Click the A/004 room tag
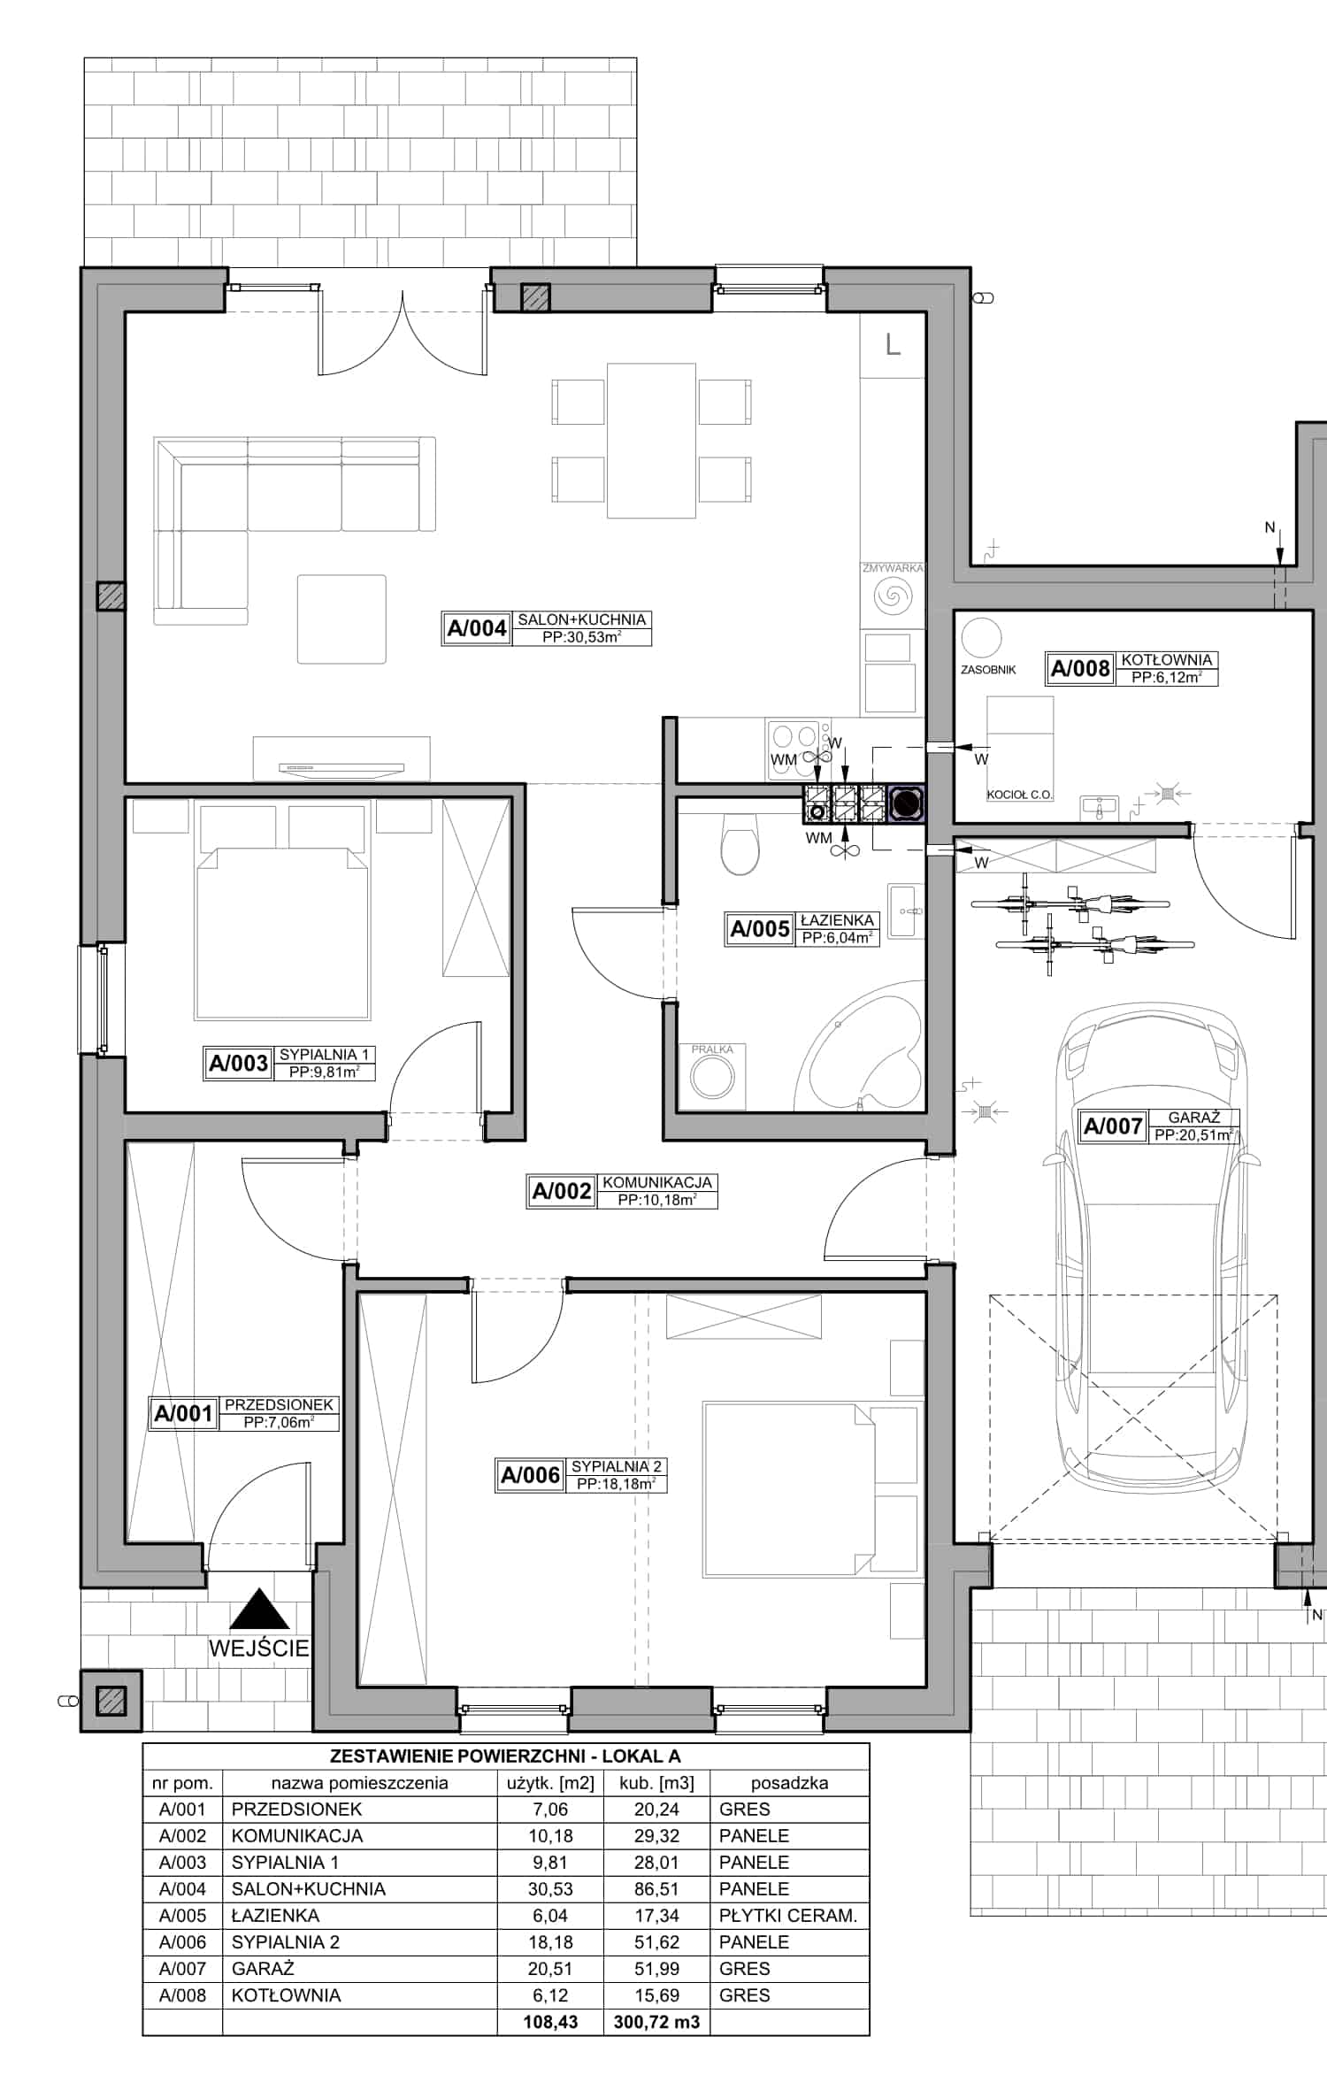click(547, 628)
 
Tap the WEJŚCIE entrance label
click(259, 1648)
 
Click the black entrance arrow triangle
click(259, 1610)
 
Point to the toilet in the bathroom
click(740, 844)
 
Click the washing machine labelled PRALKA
click(712, 1077)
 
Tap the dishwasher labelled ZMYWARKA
click(893, 594)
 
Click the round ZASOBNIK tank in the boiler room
click(981, 637)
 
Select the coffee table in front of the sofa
click(341, 619)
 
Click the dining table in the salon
click(651, 440)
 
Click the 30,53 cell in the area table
click(550, 1889)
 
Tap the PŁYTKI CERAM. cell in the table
click(788, 1916)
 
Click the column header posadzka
click(789, 1783)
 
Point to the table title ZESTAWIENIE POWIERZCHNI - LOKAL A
click(505, 1756)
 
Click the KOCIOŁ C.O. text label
click(1019, 795)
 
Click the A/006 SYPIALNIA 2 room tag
click(580, 1475)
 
